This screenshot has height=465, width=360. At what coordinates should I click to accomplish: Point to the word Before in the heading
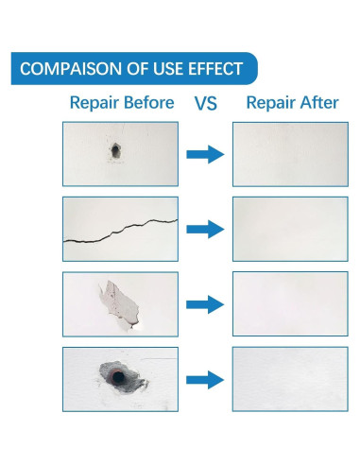[147, 103]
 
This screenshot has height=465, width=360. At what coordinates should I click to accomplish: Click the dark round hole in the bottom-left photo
[119, 379]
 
